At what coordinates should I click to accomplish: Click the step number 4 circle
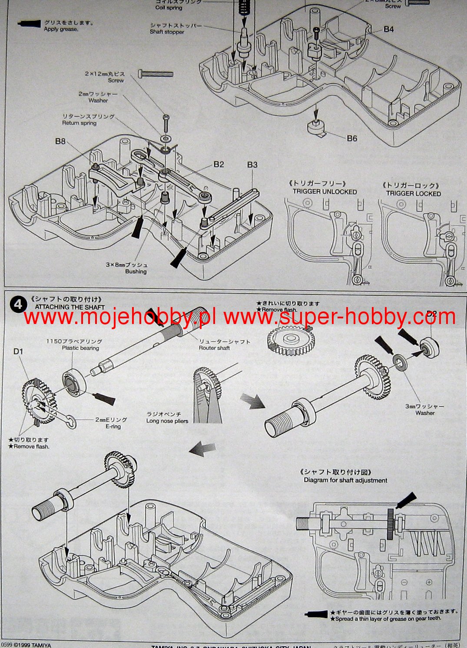coord(18,304)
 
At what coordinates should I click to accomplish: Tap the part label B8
coord(60,141)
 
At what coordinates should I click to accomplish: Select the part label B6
coord(352,138)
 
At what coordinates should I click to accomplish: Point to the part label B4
coord(388,29)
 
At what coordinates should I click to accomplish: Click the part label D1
coord(18,351)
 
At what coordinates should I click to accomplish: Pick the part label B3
coord(252,165)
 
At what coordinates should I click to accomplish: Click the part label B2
coord(219,164)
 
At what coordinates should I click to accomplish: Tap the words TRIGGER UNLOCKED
coord(325,192)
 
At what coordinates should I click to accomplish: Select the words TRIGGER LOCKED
coord(414,194)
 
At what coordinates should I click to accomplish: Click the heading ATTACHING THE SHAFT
coord(70,307)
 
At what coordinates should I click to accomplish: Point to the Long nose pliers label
coord(167,421)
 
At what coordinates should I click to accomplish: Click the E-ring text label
coord(113,426)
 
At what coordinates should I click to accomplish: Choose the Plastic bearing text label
coord(80,348)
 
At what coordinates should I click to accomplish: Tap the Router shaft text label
coord(214,348)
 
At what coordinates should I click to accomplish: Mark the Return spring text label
coord(79,123)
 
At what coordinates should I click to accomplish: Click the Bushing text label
coord(136,271)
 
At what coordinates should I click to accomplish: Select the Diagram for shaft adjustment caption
coord(345,480)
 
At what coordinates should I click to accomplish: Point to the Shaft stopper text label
coord(167,32)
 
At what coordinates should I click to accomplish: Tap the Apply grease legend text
coord(61,30)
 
